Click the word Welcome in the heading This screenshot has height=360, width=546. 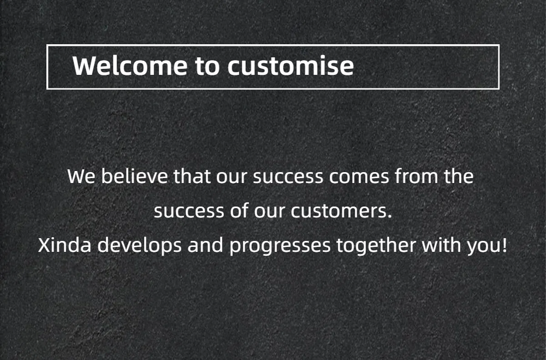tap(130, 65)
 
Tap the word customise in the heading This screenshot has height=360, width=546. tap(291, 65)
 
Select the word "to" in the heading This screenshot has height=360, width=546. tap(207, 66)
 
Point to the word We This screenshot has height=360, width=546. tap(81, 176)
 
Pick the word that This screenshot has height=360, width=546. tap(192, 176)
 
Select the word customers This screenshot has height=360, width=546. tap(341, 211)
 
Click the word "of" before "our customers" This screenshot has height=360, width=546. tap(239, 210)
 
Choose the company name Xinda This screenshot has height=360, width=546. tap(65, 245)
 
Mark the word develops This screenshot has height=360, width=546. tap(139, 245)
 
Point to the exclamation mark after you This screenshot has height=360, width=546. tap(504, 245)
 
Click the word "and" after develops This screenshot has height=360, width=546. tap(205, 245)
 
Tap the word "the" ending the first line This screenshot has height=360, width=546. tap(459, 176)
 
